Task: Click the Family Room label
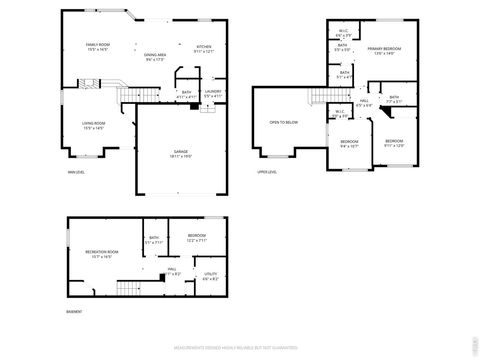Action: pos(97,46)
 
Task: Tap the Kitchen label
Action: pos(203,46)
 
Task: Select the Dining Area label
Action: pos(154,56)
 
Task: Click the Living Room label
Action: pos(94,124)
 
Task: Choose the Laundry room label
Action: pos(212,93)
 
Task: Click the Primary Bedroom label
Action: pos(384,50)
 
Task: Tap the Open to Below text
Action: pos(283,123)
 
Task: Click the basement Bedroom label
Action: pos(196,236)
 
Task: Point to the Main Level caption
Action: pos(75,171)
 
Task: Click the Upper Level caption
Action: pos(266,171)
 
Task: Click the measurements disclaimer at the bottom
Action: pos(240,349)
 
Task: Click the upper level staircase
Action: pos(320,96)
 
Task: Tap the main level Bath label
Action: pos(187,93)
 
